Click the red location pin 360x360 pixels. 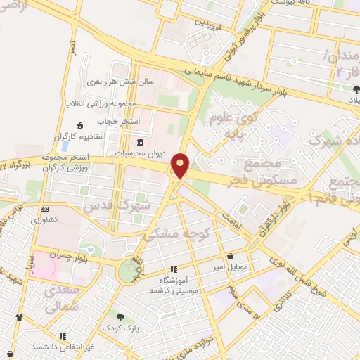click(x=181, y=165)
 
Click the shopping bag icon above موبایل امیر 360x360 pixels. click(x=232, y=256)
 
